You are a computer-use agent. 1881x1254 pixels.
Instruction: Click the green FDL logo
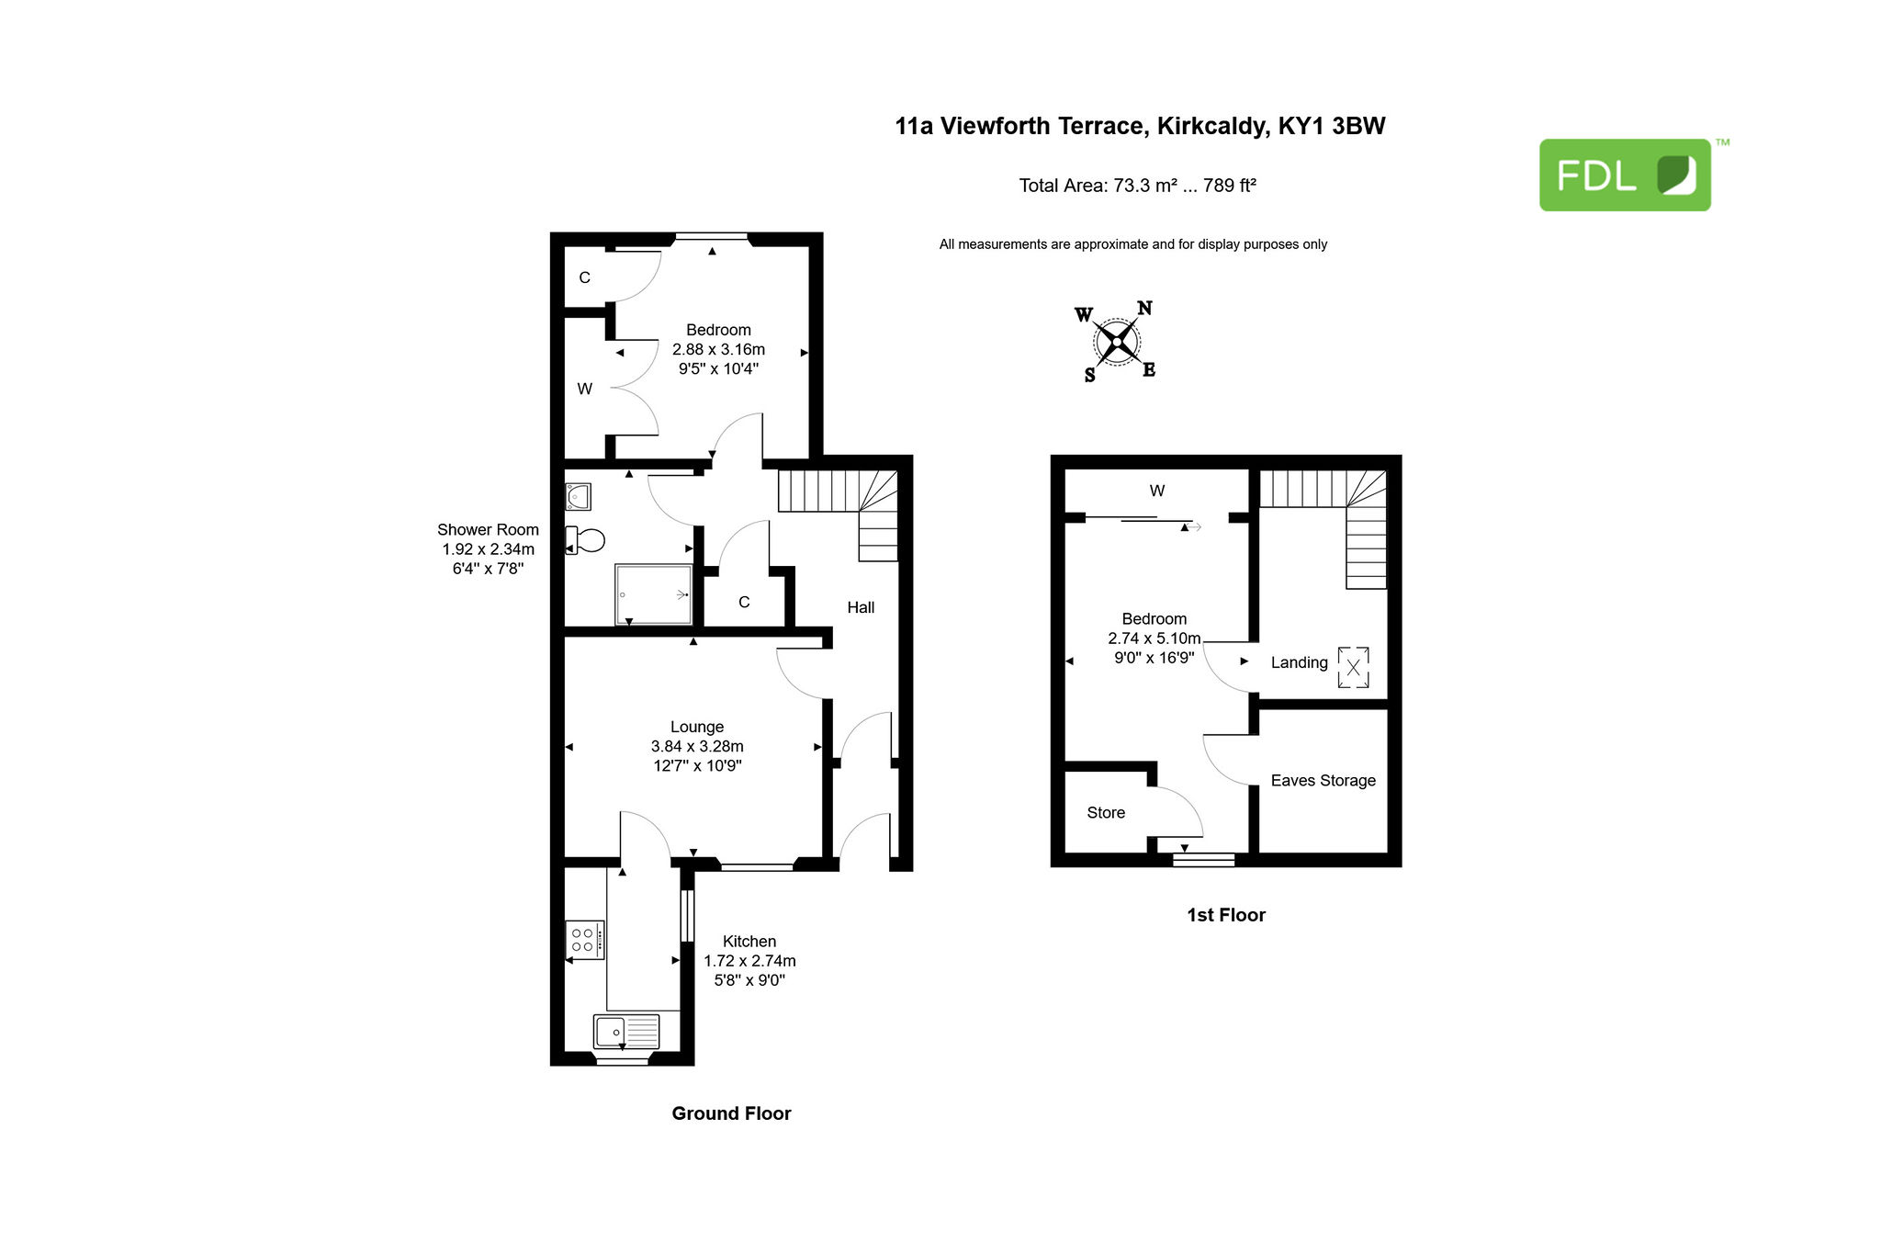[x=1625, y=175]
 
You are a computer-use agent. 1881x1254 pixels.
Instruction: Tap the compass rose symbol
[x=1116, y=342]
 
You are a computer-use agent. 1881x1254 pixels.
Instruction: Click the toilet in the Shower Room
[x=585, y=539]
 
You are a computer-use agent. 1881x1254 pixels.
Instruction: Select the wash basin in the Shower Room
[x=578, y=497]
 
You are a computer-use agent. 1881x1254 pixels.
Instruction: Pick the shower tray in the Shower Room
[x=654, y=594]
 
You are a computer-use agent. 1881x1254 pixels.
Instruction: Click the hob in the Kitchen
[x=585, y=940]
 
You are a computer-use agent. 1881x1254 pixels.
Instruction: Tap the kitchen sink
[x=626, y=1032]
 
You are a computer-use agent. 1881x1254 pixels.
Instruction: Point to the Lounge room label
[x=697, y=727]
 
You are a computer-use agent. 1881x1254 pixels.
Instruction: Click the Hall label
[x=861, y=607]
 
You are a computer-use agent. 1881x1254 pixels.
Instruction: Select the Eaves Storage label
[x=1323, y=781]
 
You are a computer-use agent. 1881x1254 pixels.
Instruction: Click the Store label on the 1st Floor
[x=1106, y=813]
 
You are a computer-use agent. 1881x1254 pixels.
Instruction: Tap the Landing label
[x=1300, y=663]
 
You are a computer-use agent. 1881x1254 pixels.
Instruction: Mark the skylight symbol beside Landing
[x=1353, y=667]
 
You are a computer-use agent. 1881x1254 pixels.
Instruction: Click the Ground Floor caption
[x=731, y=1113]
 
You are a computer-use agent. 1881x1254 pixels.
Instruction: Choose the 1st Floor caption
[x=1226, y=915]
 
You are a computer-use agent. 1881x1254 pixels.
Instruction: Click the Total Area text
[x=1137, y=186]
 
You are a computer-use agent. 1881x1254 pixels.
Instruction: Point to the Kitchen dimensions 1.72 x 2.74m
[x=749, y=961]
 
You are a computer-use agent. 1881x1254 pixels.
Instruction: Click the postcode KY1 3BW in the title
[x=1332, y=126]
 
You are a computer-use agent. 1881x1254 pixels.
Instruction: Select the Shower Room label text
[x=488, y=530]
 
